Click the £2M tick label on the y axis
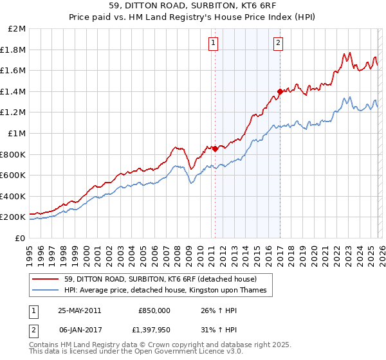click(x=17, y=29)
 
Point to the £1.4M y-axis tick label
click(x=14, y=92)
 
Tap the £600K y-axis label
click(x=14, y=175)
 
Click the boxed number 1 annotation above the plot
click(x=213, y=43)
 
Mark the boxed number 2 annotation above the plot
click(x=278, y=43)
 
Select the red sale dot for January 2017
click(x=279, y=91)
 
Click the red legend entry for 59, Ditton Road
click(x=160, y=279)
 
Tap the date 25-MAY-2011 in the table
click(x=80, y=310)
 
